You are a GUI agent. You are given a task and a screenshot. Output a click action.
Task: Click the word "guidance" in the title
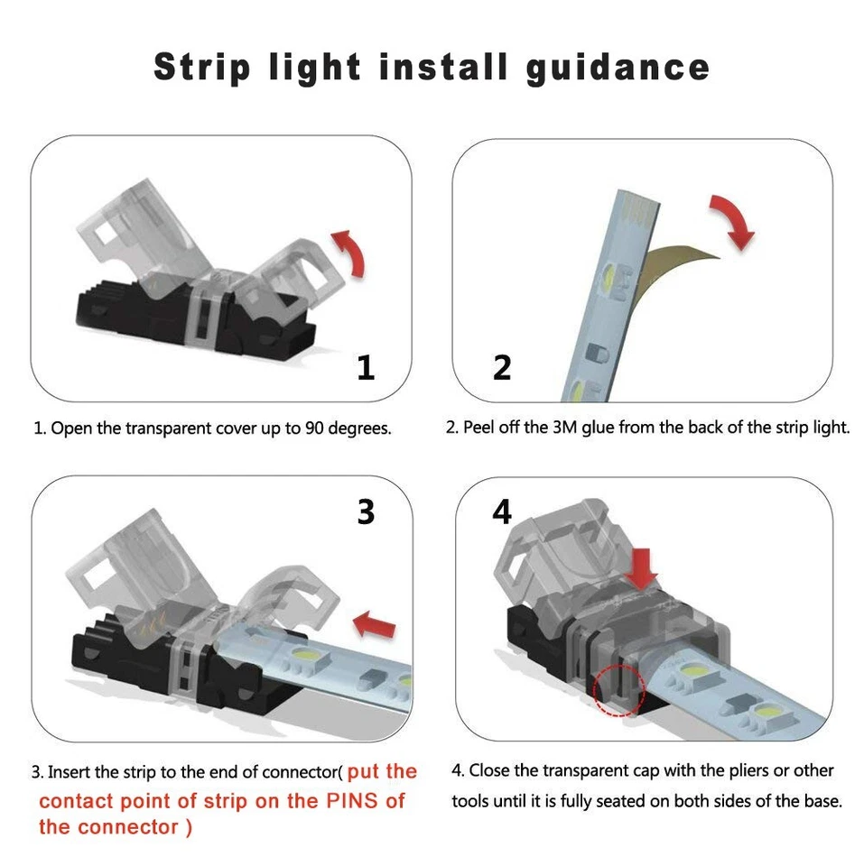click(x=618, y=68)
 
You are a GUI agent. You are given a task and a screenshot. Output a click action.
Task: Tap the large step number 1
click(x=365, y=367)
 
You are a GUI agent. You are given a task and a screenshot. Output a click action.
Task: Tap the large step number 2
click(x=502, y=367)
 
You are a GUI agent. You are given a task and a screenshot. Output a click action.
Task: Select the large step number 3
click(x=365, y=511)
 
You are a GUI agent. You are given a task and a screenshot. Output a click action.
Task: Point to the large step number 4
click(x=502, y=511)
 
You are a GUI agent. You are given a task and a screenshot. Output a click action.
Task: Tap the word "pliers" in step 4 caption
click(x=703, y=771)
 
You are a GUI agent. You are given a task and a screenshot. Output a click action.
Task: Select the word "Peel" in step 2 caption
click(x=479, y=427)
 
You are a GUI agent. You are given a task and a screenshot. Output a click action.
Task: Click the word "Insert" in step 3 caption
click(x=70, y=772)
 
